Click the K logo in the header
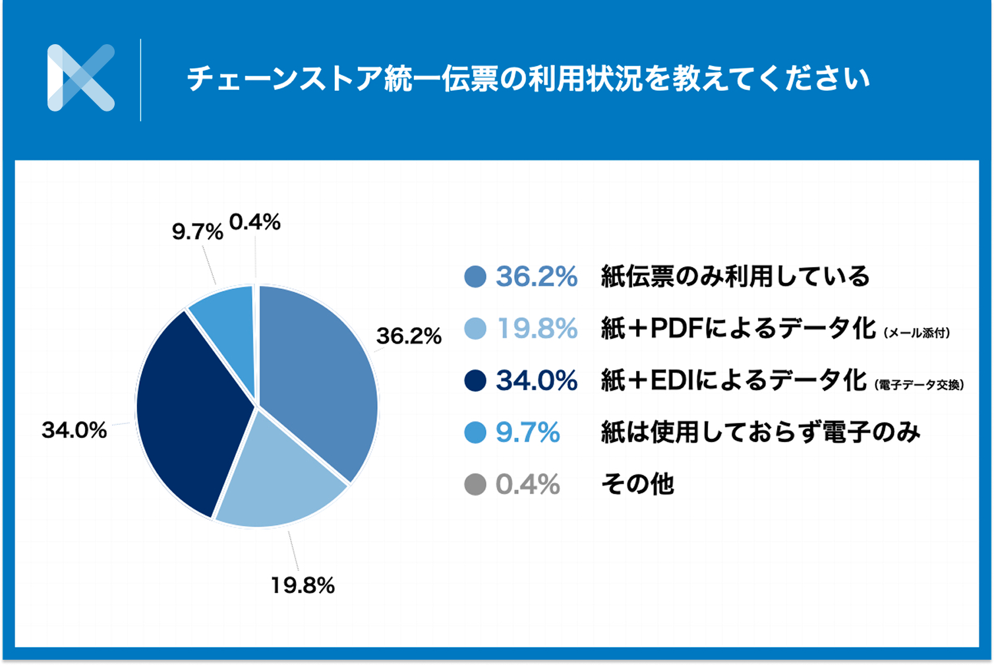81,78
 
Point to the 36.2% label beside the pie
408,336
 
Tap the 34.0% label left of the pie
74,431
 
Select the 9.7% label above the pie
196,232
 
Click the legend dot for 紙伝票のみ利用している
475,277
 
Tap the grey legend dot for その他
475,486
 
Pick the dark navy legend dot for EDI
475,381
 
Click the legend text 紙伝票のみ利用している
736,277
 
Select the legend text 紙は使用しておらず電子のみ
760,433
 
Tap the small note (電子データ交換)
920,386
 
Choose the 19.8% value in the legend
537,329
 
